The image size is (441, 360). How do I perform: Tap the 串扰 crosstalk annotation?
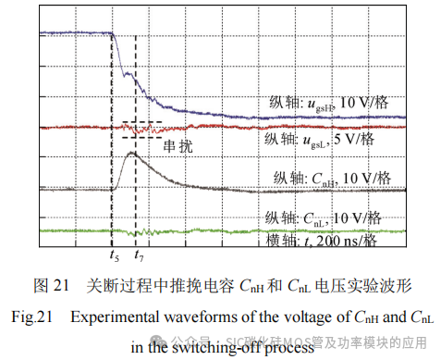(179, 145)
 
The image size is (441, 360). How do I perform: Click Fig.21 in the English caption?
(33, 317)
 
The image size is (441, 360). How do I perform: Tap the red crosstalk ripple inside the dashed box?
(139, 130)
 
